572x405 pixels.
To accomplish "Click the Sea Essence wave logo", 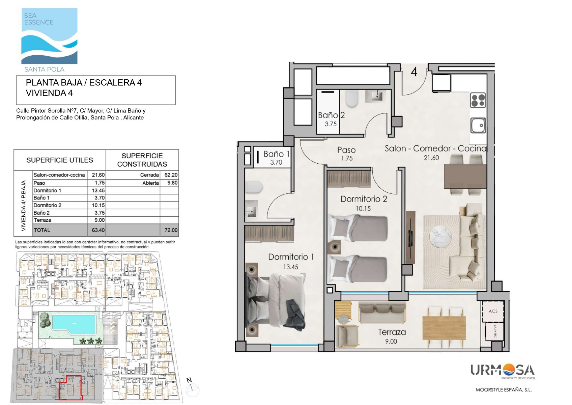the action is coord(49,36).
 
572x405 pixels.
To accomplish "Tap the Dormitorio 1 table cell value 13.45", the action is coord(98,190).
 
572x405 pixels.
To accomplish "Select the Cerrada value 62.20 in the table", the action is coord(171,175).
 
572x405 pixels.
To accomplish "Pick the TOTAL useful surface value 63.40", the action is coord(98,230).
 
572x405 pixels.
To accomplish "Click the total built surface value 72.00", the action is coord(171,230).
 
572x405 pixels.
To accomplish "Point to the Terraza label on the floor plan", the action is coord(392,332).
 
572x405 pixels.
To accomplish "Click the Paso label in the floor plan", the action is coord(346,150).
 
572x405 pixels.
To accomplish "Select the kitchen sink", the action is coord(478,125).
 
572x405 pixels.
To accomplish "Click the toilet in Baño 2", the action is coord(352,99).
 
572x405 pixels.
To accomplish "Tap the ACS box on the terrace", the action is coord(493,311).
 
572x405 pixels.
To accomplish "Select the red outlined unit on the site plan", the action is coord(70,388).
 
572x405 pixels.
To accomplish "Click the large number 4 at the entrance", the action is coord(414,72).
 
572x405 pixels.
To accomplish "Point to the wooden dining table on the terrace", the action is coord(444,328).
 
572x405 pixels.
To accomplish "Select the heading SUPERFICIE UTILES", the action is coord(60,160).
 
